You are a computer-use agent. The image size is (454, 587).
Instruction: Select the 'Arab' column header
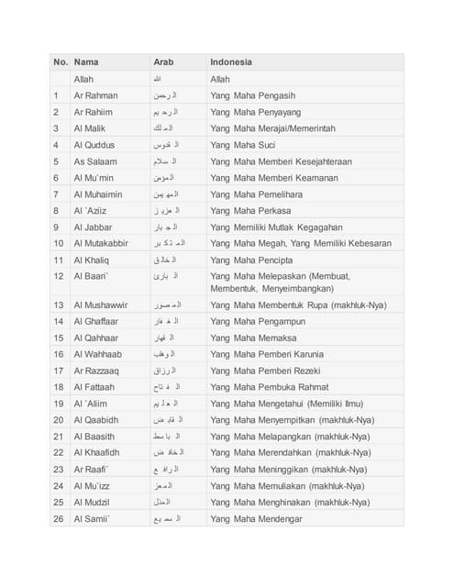pos(163,62)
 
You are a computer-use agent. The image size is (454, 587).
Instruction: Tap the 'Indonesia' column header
pos(231,62)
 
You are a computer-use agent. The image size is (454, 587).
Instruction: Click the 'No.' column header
pos(61,62)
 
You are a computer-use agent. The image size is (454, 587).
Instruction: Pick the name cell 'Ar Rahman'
pos(95,95)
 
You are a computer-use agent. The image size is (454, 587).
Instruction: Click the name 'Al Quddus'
pos(94,145)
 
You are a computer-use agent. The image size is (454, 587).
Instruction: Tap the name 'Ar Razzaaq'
pos(96,371)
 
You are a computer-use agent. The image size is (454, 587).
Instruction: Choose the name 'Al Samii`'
pos(93,519)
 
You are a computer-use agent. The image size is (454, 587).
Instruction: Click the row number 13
pos(59,305)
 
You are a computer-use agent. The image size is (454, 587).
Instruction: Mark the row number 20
pos(59,420)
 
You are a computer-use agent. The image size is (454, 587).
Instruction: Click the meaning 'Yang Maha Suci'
pos(242,145)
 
